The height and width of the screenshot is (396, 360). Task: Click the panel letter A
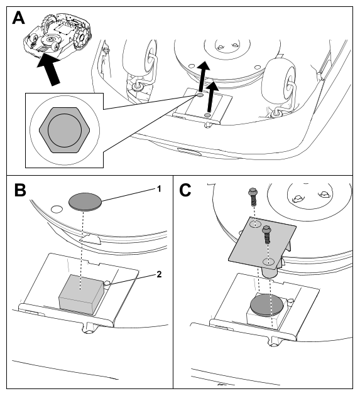[x=18, y=18]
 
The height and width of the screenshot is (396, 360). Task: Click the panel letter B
[x=20, y=190]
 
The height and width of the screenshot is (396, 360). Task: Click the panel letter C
[x=185, y=190]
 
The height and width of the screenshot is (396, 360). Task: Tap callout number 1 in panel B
[x=159, y=189]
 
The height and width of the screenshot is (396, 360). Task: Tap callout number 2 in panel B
[x=159, y=274]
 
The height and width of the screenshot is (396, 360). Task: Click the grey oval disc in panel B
[x=85, y=202]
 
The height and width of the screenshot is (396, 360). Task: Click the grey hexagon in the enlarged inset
[x=65, y=131]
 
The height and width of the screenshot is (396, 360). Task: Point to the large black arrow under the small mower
[x=48, y=69]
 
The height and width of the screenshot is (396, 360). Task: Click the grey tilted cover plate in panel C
[x=262, y=243]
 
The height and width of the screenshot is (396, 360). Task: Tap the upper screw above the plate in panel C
[x=253, y=196]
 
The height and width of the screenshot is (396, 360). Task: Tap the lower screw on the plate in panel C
[x=267, y=235]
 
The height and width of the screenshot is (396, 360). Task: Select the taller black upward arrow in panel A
[x=203, y=77]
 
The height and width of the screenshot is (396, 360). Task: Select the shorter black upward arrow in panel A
[x=212, y=97]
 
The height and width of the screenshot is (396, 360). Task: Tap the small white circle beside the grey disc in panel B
[x=57, y=209]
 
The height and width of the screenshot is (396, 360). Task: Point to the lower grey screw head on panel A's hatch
[x=207, y=115]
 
